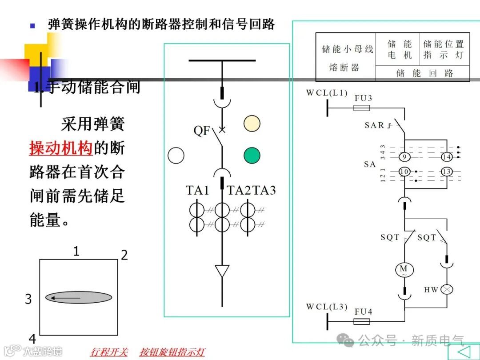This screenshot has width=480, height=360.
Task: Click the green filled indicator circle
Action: (x=252, y=155)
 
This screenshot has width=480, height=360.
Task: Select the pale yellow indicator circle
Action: (x=252, y=123)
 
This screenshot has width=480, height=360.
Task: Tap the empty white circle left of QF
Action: (x=176, y=155)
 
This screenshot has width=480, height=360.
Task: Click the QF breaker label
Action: (x=201, y=131)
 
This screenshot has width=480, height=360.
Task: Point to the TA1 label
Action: (x=197, y=190)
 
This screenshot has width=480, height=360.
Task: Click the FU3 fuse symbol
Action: (x=362, y=108)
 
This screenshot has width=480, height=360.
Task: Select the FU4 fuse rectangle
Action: (x=362, y=321)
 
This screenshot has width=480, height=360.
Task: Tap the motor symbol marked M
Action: (x=404, y=269)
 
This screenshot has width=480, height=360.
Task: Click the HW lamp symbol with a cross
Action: (x=447, y=290)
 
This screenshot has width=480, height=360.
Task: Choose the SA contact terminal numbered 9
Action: (x=404, y=157)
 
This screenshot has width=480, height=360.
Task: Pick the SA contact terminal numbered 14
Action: (x=447, y=157)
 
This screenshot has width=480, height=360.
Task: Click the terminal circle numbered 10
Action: (x=404, y=172)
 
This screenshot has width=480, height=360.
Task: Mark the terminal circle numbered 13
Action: (x=447, y=172)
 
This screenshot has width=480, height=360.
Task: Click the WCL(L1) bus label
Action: (x=327, y=93)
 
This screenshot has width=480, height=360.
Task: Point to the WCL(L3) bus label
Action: (x=327, y=307)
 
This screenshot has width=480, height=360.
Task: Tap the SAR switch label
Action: (x=374, y=125)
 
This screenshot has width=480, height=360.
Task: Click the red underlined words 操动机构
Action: (x=61, y=148)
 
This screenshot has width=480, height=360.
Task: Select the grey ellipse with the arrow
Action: (x=79, y=297)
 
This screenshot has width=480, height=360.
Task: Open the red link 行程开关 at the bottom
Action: (x=109, y=352)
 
